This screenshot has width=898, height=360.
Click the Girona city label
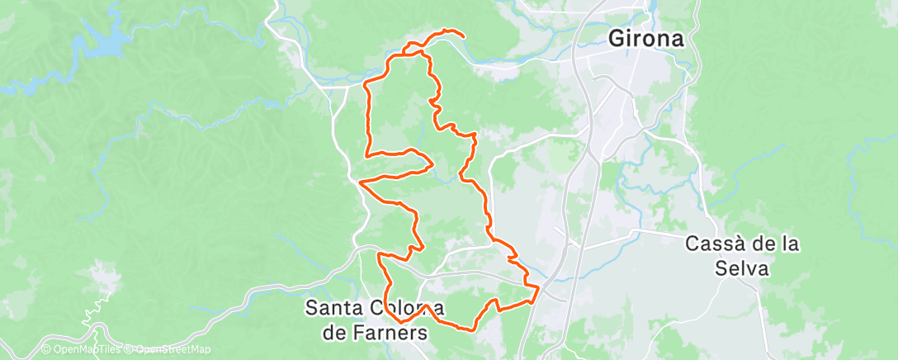point(646,38)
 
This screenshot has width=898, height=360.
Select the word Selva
point(742,268)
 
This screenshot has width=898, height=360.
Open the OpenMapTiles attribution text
point(86,350)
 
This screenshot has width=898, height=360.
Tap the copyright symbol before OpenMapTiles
point(46,350)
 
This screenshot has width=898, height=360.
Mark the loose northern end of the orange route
point(462,36)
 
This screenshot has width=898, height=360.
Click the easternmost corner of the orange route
point(539,287)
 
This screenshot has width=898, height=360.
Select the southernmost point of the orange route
point(472,330)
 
